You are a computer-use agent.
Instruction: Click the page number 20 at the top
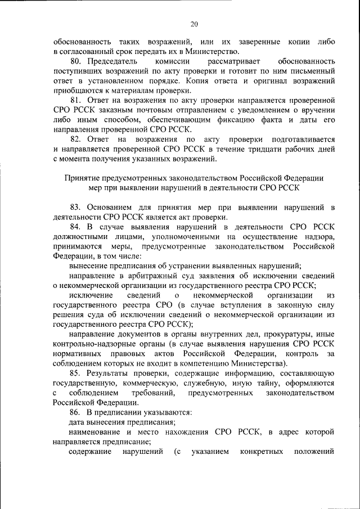tap(194, 24)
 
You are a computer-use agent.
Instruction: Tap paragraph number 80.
tap(75, 61)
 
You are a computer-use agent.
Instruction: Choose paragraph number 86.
tap(75, 412)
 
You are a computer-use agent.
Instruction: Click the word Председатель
tap(112, 61)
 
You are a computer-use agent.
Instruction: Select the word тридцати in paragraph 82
tap(264, 149)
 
